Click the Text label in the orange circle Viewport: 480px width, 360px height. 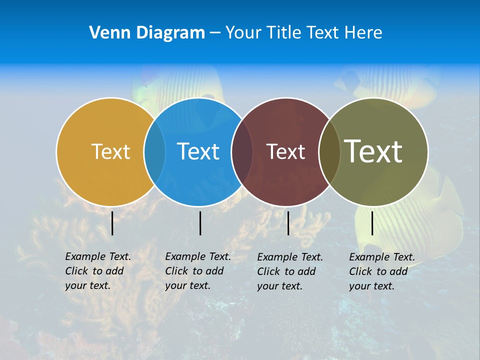tap(110, 151)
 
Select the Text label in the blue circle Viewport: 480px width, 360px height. tap(198, 151)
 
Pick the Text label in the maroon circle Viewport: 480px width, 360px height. tap(285, 151)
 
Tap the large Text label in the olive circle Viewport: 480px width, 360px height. tap(373, 151)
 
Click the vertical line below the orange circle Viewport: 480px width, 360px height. tap(112, 223)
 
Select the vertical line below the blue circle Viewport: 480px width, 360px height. tap(200, 223)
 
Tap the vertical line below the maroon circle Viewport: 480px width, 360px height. tap(288, 223)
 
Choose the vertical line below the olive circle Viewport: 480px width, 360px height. tap(372, 223)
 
